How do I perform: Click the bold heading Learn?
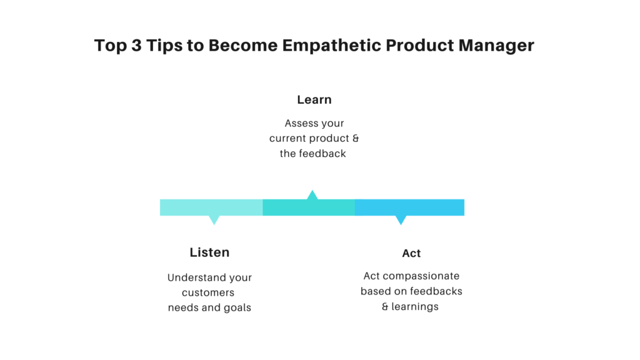(x=314, y=99)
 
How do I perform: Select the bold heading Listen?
(x=209, y=252)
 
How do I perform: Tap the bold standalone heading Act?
(x=411, y=254)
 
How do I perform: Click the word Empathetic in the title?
(x=331, y=45)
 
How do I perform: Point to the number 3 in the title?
(x=136, y=45)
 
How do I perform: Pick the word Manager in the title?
(x=496, y=46)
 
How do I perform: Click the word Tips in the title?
(x=164, y=46)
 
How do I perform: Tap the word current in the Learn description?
(x=286, y=138)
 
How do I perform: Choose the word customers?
(x=208, y=292)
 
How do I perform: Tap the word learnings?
(x=415, y=306)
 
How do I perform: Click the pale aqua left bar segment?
(x=211, y=207)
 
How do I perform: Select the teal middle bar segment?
(x=309, y=207)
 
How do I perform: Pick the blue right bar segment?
(x=409, y=207)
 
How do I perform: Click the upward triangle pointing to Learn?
(x=312, y=195)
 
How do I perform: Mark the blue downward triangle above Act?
(x=401, y=219)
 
